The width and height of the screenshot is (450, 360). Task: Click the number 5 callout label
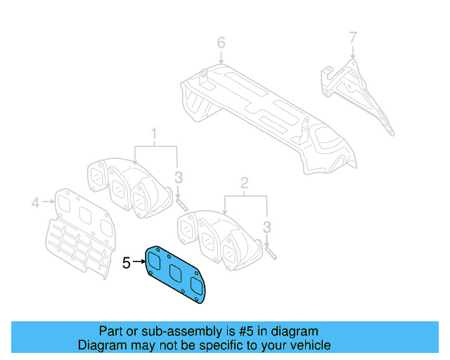click(126, 263)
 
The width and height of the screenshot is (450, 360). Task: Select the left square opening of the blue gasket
click(155, 262)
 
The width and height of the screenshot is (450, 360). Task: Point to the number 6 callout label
click(221, 44)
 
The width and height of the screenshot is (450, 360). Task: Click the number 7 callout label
click(353, 37)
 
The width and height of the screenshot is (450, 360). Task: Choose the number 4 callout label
click(34, 205)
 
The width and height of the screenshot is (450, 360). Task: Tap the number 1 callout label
click(154, 132)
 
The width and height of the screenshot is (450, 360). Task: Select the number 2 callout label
click(245, 184)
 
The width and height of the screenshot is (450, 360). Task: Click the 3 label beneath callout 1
click(179, 176)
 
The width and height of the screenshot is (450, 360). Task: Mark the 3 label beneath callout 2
click(267, 226)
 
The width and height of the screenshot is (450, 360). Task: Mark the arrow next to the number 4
click(47, 203)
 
